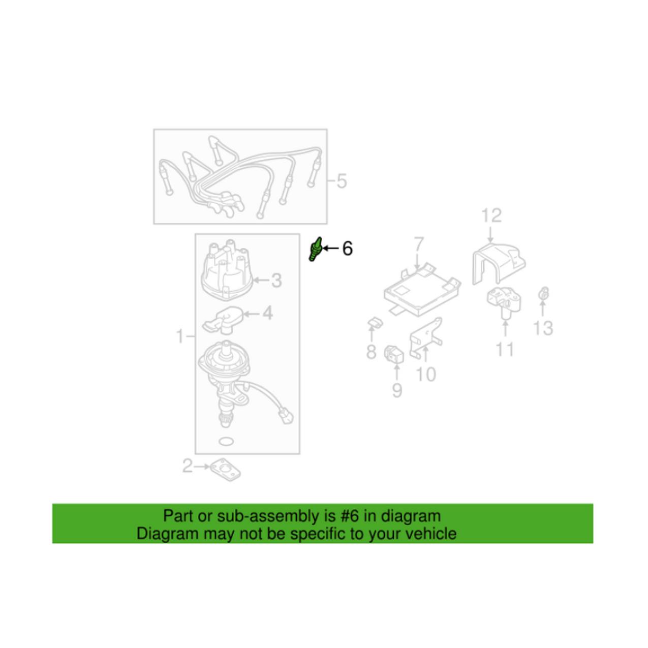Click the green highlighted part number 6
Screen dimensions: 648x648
[315, 249]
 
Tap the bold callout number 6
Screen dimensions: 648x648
[347, 249]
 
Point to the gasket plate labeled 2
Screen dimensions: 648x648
[225, 469]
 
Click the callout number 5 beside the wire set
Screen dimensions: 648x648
[342, 181]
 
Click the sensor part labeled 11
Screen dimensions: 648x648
[503, 301]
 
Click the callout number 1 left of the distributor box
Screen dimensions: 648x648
[180, 336]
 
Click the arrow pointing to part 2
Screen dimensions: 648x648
[202, 467]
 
